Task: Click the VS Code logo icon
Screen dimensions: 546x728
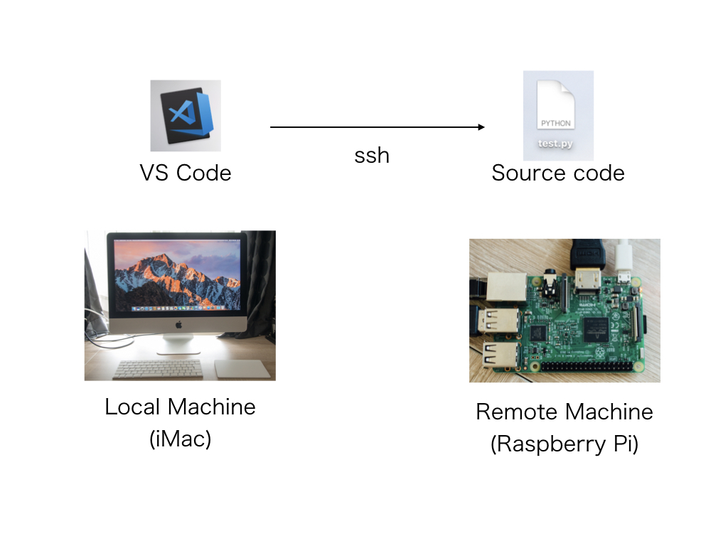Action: (x=186, y=115)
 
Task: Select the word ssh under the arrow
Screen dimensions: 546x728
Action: (x=372, y=156)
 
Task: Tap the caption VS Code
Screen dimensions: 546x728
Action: (x=185, y=173)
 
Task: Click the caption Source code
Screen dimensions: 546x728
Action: (x=558, y=173)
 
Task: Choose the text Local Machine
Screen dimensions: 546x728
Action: (x=180, y=407)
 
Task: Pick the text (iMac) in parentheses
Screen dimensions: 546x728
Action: (x=180, y=439)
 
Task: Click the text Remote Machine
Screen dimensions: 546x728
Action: (x=564, y=412)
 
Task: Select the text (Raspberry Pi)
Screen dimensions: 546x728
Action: (x=564, y=444)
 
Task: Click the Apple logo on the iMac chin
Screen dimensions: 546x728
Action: (x=178, y=324)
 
